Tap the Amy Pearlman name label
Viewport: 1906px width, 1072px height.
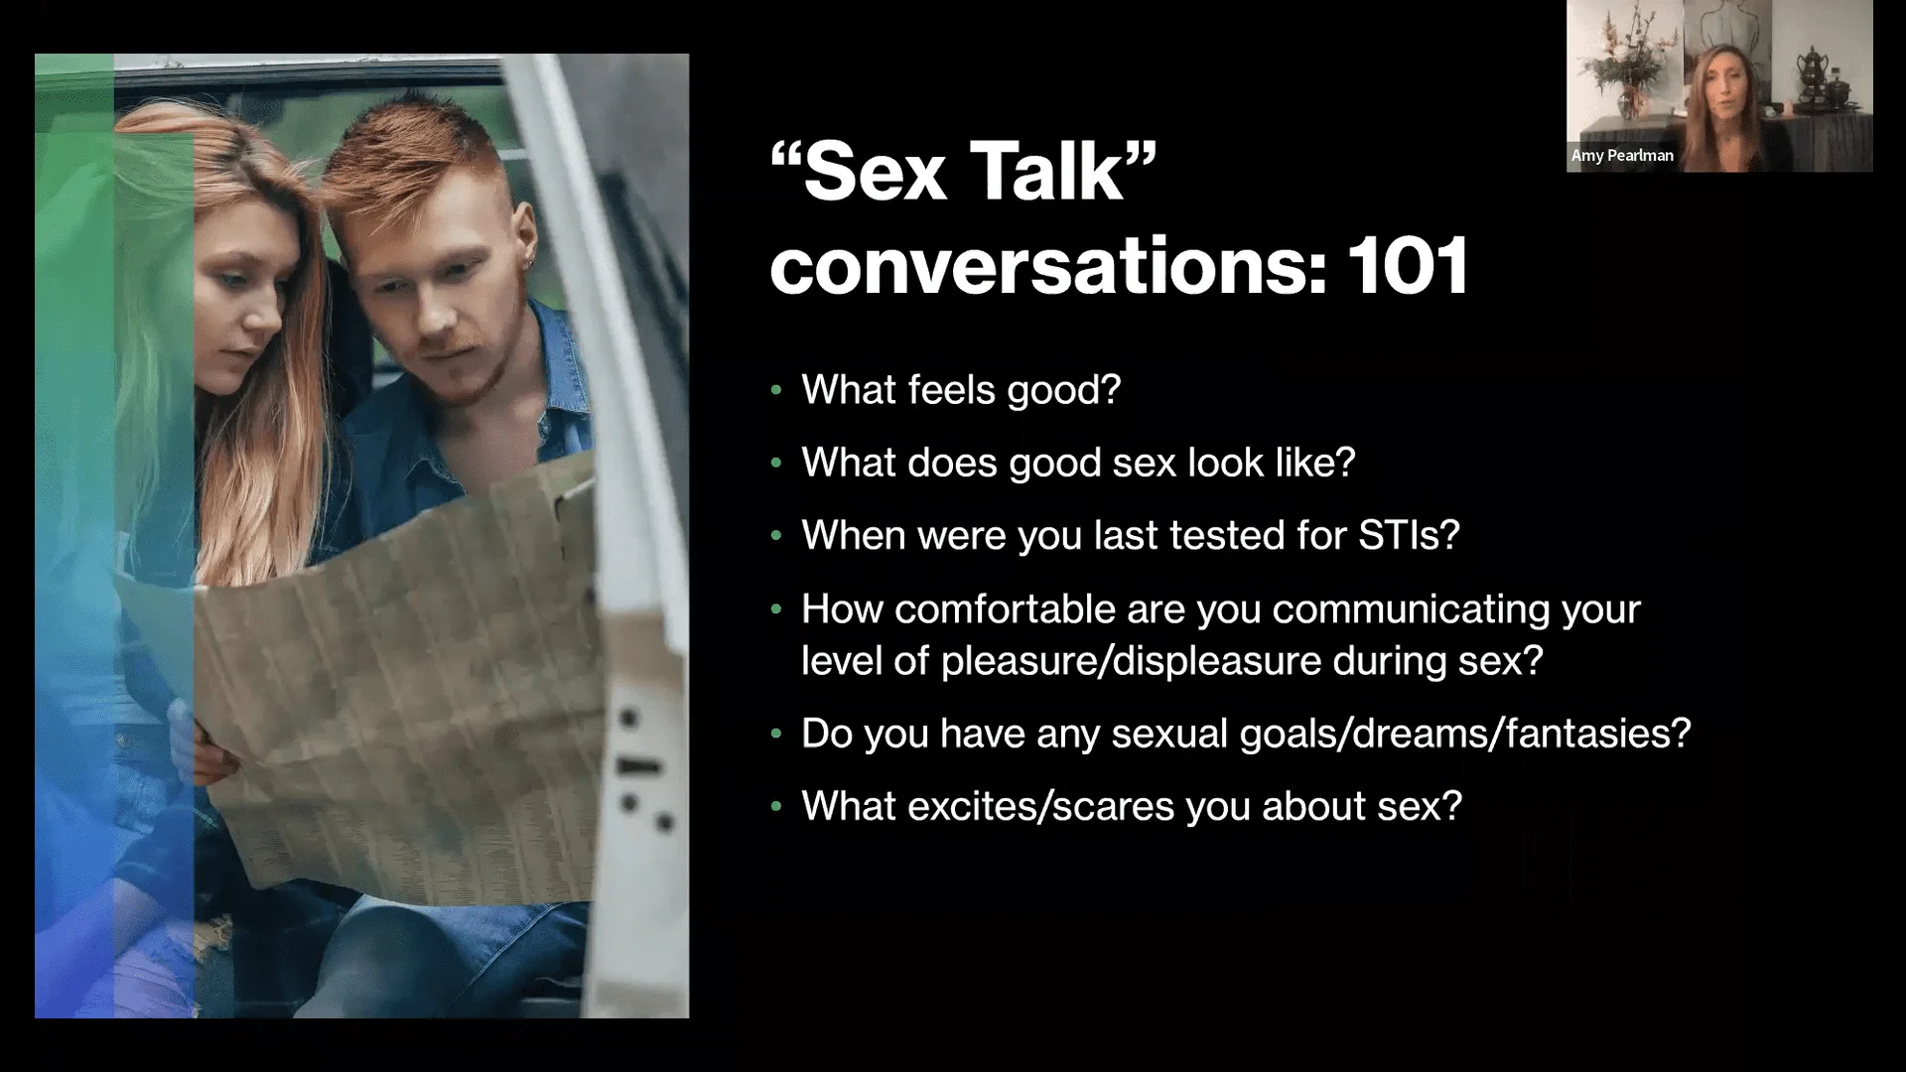[x=1622, y=156]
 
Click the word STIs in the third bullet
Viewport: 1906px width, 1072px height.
[x=1405, y=535]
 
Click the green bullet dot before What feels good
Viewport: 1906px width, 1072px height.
[x=776, y=390]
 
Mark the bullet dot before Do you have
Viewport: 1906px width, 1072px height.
[x=776, y=735]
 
